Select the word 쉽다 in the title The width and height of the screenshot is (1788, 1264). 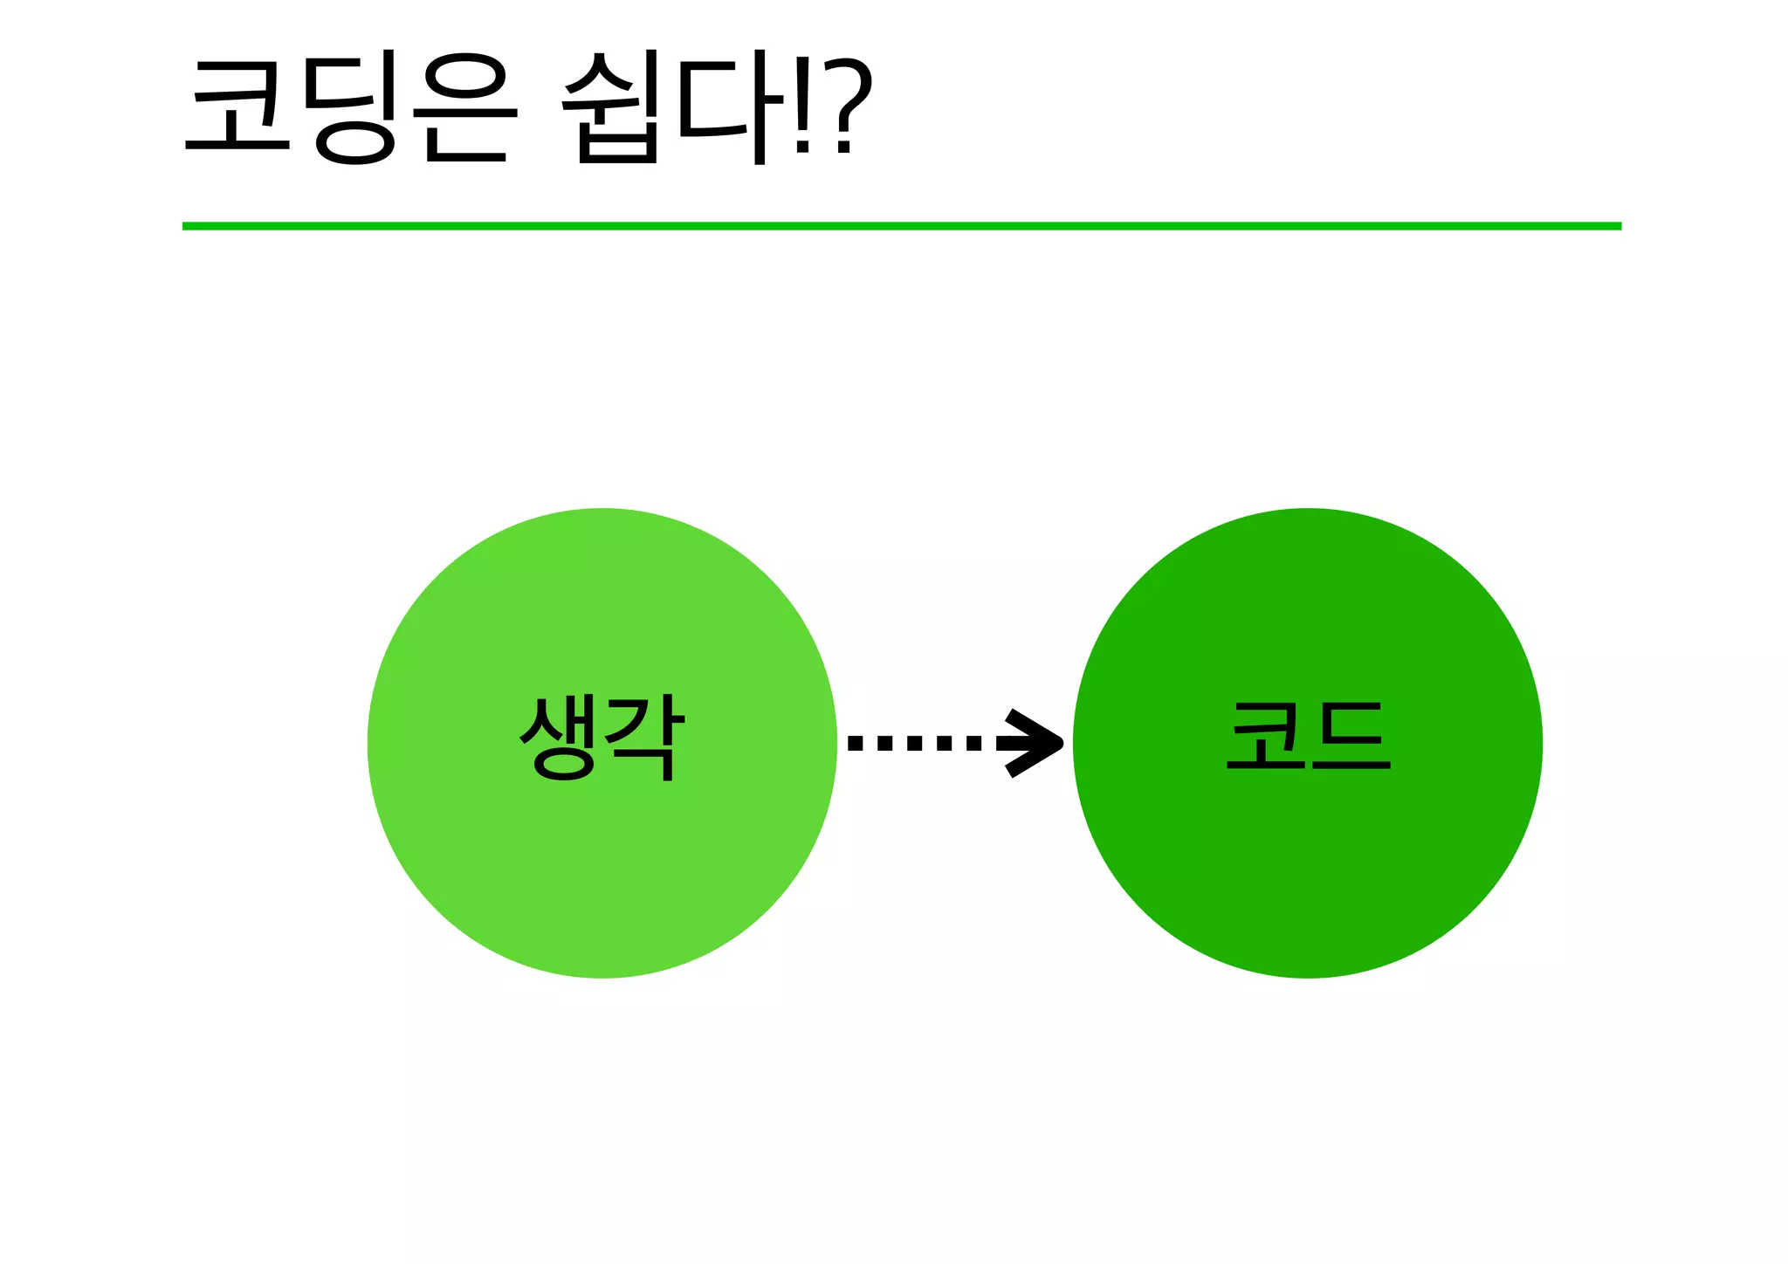(664, 106)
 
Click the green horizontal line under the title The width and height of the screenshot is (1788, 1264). (901, 226)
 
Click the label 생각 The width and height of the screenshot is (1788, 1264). (602, 737)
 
